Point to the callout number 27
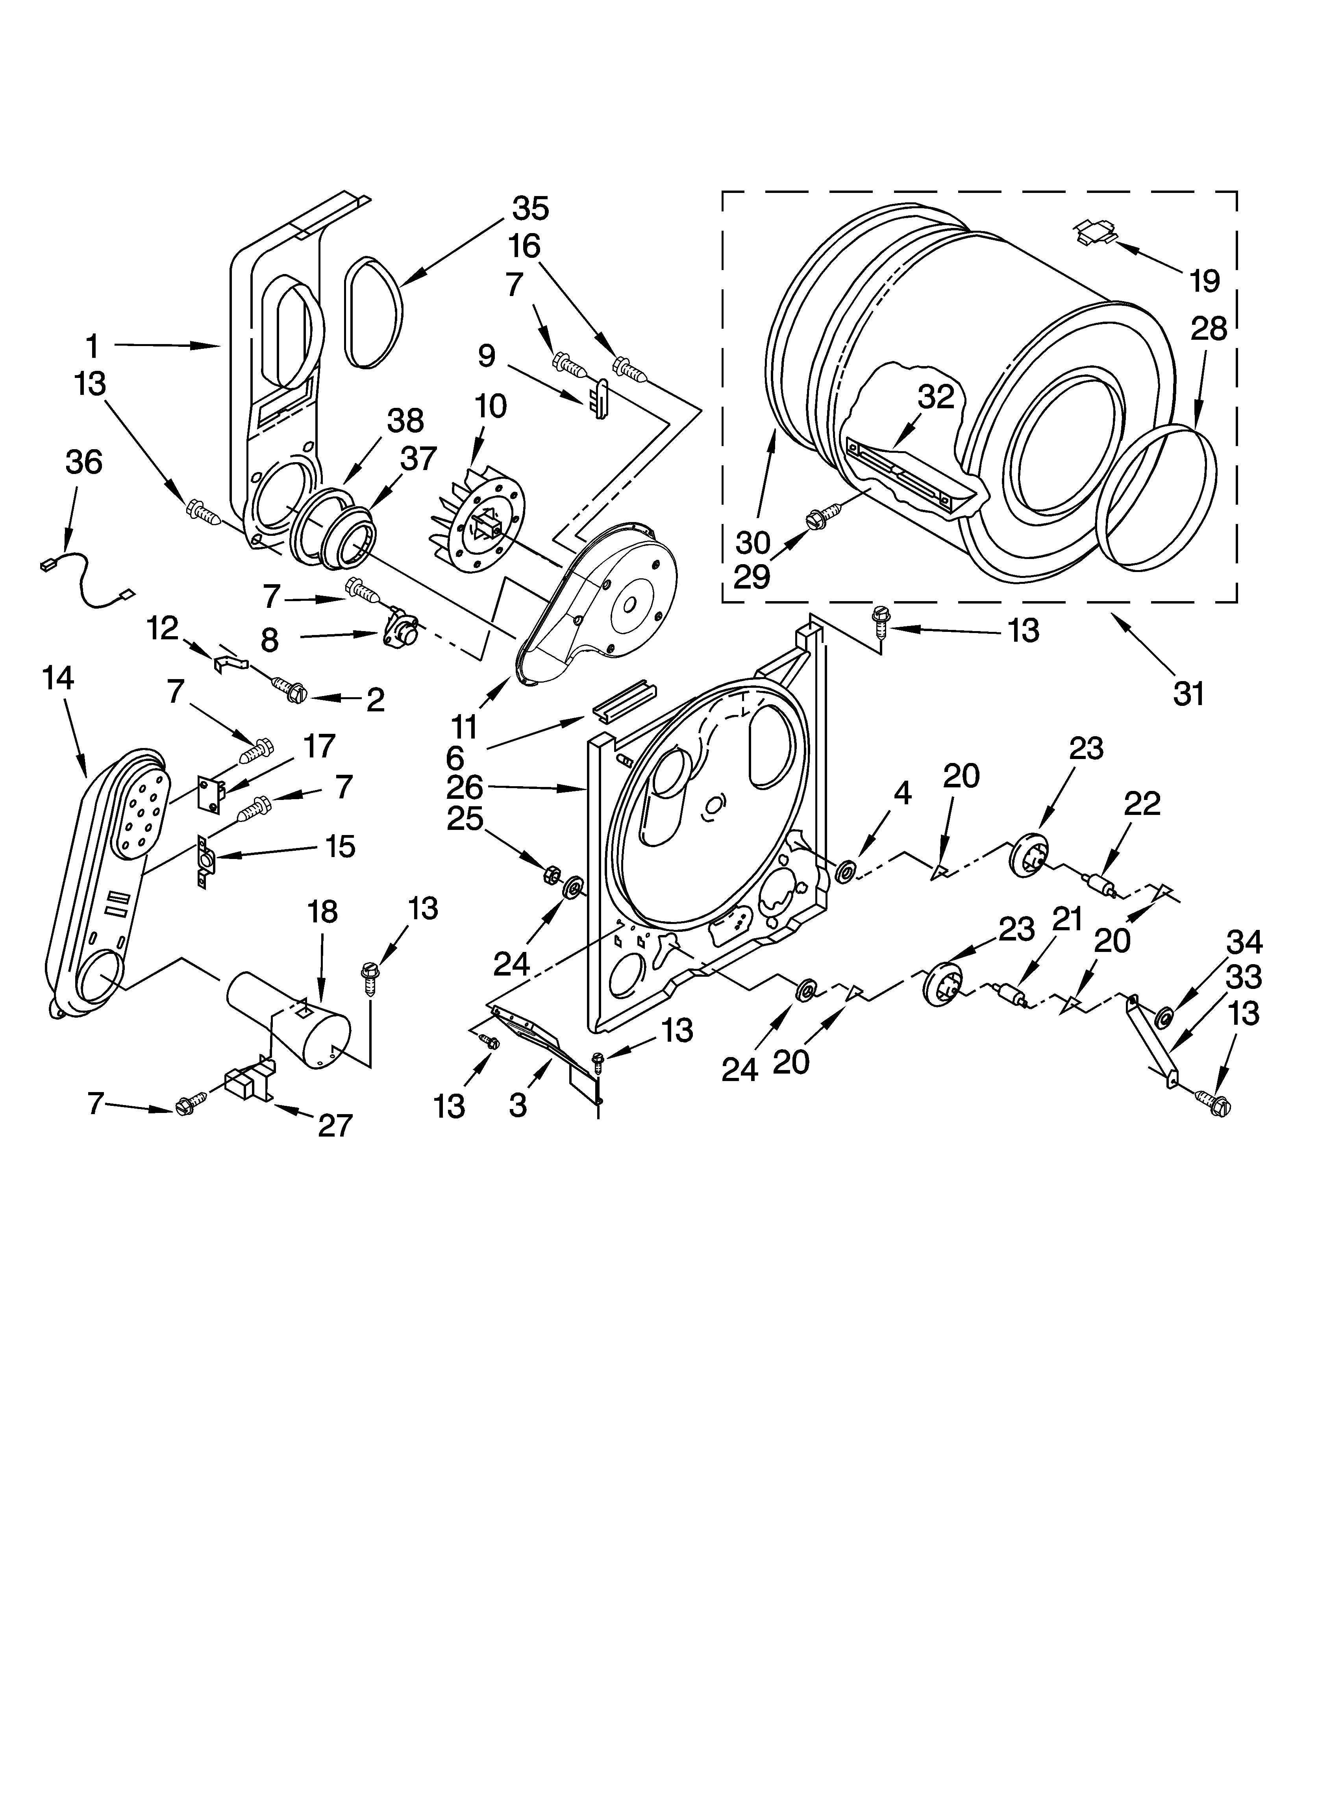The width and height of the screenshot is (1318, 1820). [x=335, y=1125]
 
